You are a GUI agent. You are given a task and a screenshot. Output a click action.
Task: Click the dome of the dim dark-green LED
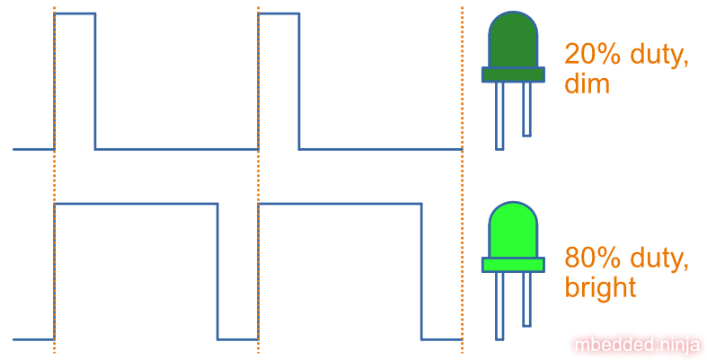click(x=513, y=40)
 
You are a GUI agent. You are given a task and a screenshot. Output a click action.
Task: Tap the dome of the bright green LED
click(x=513, y=230)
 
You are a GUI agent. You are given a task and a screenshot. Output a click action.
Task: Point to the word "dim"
click(x=587, y=83)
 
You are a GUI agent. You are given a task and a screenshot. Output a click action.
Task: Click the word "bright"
click(x=600, y=287)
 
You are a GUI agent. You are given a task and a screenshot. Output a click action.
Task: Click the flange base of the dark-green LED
click(x=513, y=75)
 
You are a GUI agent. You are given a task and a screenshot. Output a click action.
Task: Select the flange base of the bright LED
click(x=513, y=265)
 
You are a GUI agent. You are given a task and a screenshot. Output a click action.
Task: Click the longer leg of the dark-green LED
click(x=499, y=116)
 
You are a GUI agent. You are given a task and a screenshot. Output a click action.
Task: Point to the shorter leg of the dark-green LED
click(x=526, y=109)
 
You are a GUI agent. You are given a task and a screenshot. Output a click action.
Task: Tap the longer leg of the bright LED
click(x=499, y=306)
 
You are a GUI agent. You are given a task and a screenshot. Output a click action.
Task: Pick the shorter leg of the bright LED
click(x=526, y=300)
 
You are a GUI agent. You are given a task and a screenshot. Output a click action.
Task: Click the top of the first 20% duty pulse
click(x=75, y=13)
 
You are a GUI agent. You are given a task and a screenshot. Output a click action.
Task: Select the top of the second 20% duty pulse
click(x=278, y=13)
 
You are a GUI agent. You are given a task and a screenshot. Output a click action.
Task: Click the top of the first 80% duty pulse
click(x=136, y=204)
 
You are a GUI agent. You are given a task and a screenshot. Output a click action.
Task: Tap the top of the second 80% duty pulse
click(x=340, y=204)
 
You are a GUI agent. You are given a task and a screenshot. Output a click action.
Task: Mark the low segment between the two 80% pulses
click(x=238, y=339)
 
